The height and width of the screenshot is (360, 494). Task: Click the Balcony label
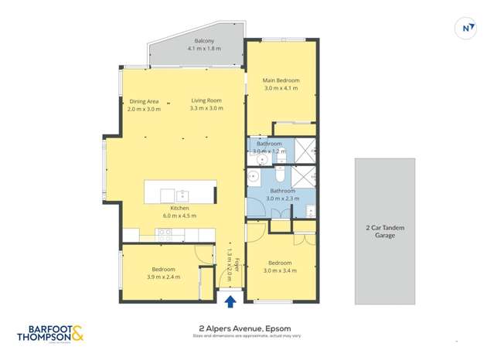(x=203, y=40)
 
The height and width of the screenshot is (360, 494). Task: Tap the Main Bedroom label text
(x=281, y=80)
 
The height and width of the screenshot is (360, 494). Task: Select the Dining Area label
(x=144, y=101)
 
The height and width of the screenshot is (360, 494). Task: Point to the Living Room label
(x=206, y=100)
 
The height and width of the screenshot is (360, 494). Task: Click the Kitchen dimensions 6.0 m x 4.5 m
(x=179, y=216)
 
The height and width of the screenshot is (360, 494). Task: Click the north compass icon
(x=466, y=28)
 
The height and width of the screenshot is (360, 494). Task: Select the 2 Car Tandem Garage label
(x=385, y=231)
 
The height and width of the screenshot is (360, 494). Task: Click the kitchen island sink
(x=183, y=195)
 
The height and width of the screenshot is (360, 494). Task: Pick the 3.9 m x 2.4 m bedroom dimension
(x=163, y=276)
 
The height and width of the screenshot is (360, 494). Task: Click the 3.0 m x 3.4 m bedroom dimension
(x=281, y=270)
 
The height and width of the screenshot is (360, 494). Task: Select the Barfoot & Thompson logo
(x=50, y=333)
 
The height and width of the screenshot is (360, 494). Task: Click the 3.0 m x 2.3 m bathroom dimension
(x=281, y=199)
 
